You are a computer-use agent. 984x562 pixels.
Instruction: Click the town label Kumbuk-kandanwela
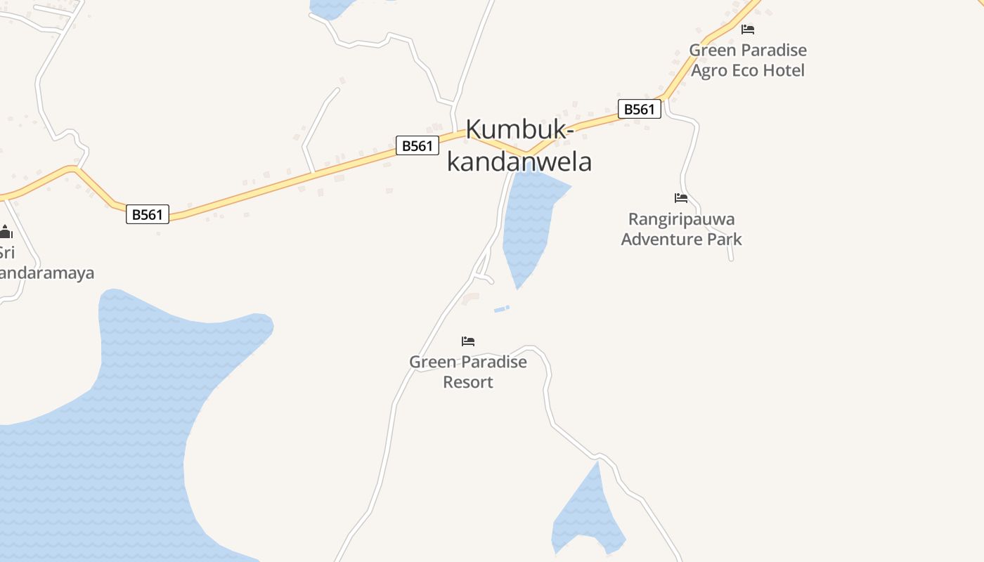point(519,145)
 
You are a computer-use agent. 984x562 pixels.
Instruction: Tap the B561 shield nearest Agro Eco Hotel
point(640,109)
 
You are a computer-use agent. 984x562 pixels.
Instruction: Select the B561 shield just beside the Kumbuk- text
point(417,145)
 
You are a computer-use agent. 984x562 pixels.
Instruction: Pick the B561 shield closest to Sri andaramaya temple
point(148,214)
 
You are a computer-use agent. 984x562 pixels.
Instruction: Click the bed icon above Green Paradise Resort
point(468,341)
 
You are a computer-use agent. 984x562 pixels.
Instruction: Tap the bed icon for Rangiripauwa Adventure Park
point(681,198)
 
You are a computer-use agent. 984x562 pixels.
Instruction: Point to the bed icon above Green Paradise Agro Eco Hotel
point(748,30)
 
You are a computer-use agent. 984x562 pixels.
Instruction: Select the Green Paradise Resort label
point(468,372)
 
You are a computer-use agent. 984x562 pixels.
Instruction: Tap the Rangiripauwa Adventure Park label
point(681,229)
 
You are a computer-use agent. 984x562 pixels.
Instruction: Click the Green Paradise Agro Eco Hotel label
point(748,60)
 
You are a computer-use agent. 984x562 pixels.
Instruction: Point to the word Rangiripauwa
point(681,219)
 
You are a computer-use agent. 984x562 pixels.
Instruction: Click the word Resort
point(468,382)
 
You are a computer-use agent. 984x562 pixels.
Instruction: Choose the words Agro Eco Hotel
point(748,70)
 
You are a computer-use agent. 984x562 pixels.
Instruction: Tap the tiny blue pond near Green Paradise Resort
point(501,308)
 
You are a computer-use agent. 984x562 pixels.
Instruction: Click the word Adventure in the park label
point(660,240)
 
